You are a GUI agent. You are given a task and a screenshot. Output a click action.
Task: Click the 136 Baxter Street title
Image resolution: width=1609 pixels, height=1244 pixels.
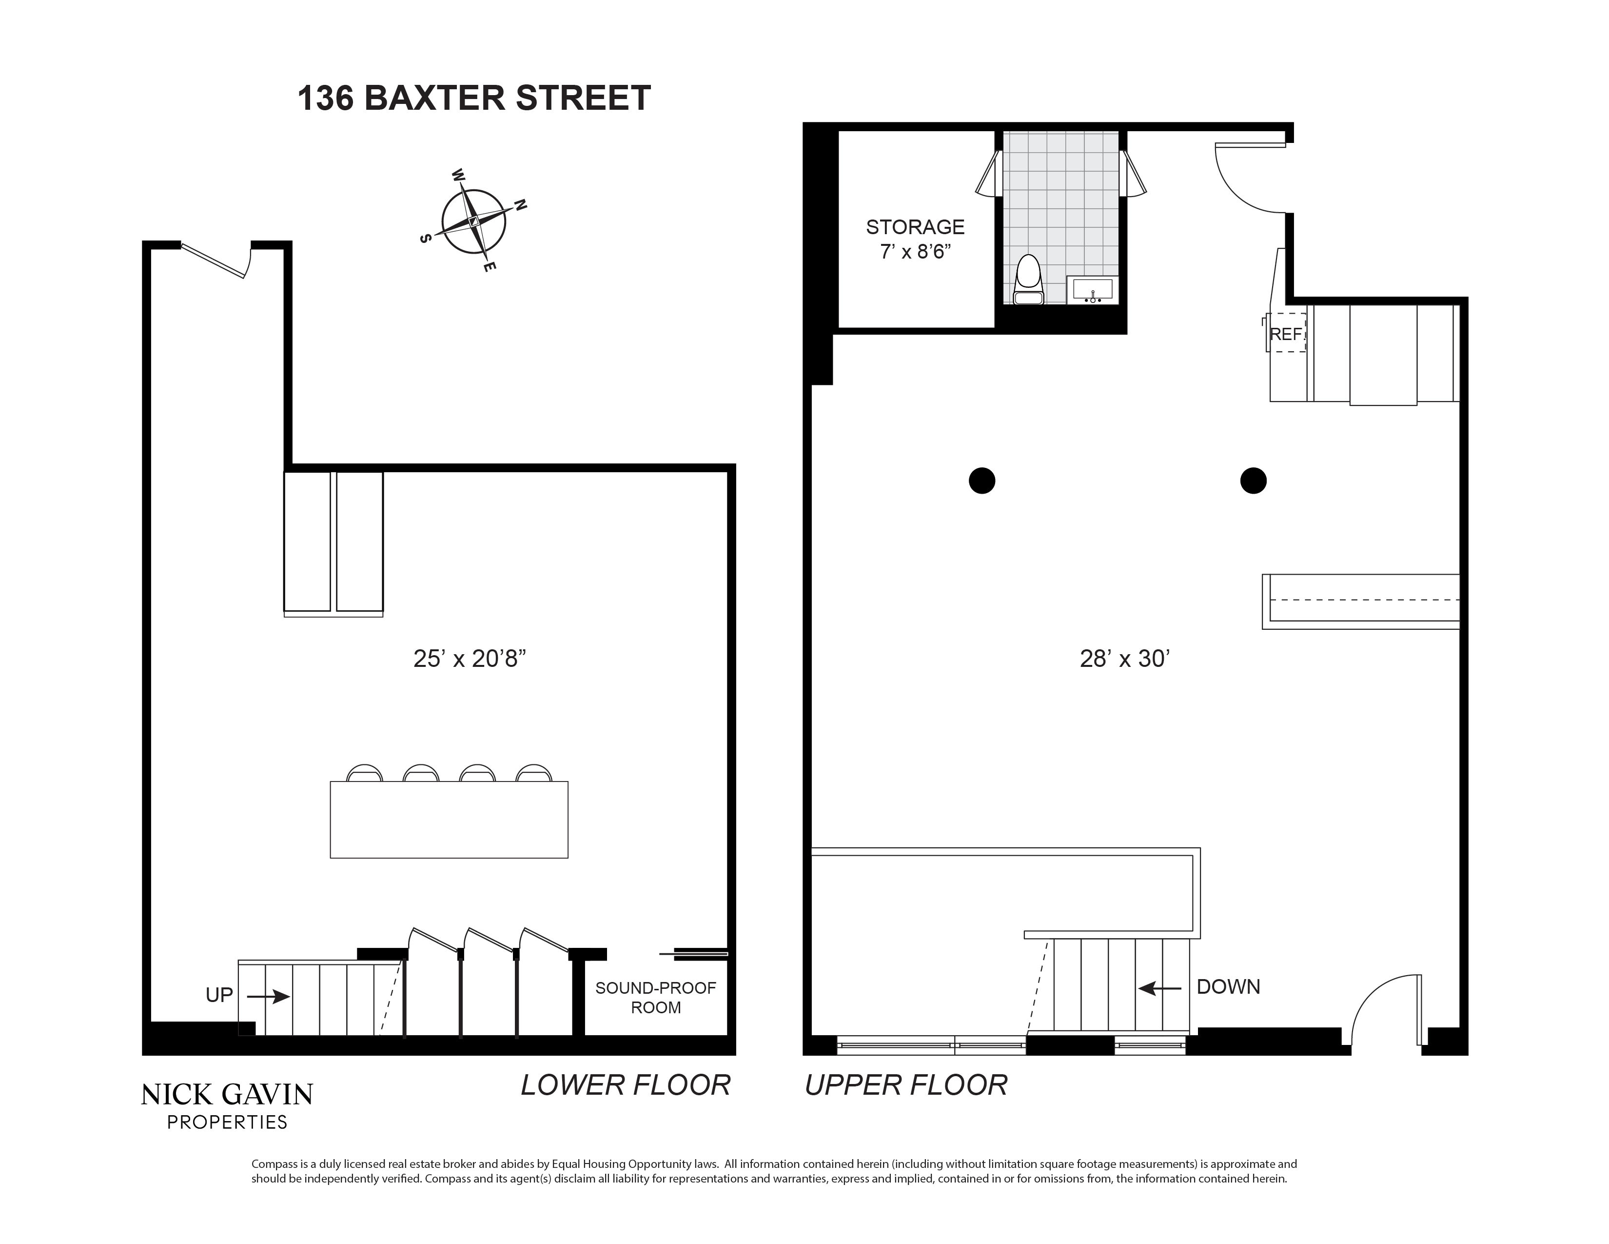tap(474, 98)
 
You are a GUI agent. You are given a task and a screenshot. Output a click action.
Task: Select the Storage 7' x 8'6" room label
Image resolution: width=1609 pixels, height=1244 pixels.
tap(915, 239)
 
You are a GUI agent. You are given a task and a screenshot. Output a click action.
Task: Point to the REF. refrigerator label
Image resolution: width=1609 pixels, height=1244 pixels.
tap(1286, 334)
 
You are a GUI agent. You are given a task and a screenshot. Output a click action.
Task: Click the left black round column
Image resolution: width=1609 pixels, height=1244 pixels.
tap(981, 481)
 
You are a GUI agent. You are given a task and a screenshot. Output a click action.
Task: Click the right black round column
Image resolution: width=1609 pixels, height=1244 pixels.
tap(1253, 481)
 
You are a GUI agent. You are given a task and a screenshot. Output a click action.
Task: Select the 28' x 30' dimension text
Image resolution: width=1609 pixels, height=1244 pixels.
tap(1125, 658)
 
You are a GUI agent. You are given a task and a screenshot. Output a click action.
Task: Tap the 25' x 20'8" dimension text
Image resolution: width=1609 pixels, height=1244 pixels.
tap(469, 658)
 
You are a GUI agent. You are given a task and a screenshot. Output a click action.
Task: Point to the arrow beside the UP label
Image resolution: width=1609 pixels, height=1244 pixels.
tap(268, 996)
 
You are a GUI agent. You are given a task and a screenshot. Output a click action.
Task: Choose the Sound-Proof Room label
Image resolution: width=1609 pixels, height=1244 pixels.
tap(655, 997)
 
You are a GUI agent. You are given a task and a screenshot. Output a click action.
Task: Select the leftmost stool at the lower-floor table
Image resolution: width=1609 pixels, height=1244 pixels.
tap(365, 773)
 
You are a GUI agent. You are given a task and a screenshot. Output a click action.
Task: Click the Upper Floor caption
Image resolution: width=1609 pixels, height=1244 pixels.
tap(905, 1085)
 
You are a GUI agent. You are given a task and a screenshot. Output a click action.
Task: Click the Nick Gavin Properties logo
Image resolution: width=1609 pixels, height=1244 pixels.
tap(227, 1104)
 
